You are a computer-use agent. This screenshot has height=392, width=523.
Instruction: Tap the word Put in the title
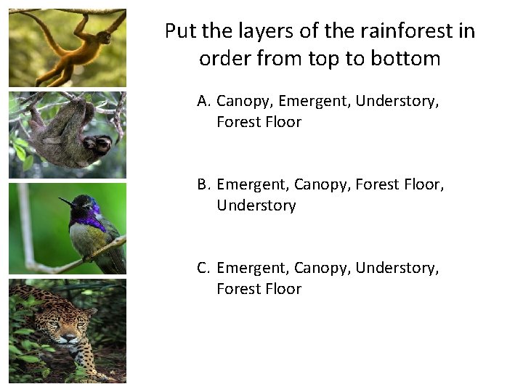tap(180, 31)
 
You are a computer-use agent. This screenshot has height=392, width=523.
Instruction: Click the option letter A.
tap(203, 101)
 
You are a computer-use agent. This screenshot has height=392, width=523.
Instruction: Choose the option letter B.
tap(203, 184)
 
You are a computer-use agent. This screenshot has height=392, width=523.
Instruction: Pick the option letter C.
tap(203, 268)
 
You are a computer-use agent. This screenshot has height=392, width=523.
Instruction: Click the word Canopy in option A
tap(244, 101)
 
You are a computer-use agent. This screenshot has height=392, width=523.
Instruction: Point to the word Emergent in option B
tap(252, 184)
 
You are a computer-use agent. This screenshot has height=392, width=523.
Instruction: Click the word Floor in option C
tap(283, 289)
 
